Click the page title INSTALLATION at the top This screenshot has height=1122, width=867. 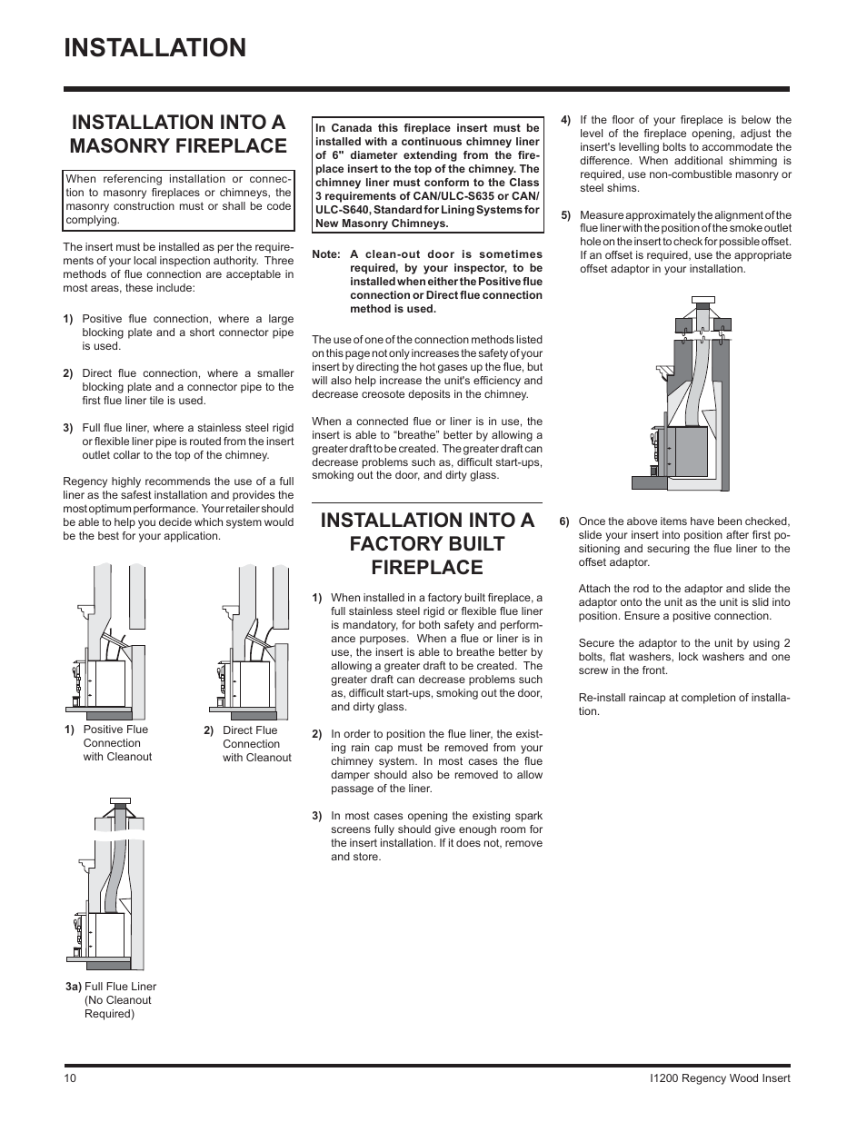(x=155, y=48)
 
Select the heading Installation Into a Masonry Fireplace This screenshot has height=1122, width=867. (x=178, y=134)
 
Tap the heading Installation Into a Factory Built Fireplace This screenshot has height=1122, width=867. (x=427, y=543)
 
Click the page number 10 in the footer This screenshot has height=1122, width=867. (x=71, y=1078)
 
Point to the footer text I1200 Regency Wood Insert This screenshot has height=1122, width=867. (x=715, y=1078)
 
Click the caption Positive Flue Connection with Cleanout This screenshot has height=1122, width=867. (x=116, y=743)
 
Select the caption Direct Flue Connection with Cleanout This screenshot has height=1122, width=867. (x=256, y=744)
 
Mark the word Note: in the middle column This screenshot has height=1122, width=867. (x=325, y=254)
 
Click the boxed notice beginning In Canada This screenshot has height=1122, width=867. (x=427, y=175)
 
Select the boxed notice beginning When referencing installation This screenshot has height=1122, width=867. (x=178, y=200)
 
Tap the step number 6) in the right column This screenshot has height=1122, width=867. (x=564, y=521)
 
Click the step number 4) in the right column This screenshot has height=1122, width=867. (x=565, y=120)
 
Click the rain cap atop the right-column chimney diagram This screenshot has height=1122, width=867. (x=703, y=301)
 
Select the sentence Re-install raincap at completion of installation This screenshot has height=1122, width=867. (x=683, y=704)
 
